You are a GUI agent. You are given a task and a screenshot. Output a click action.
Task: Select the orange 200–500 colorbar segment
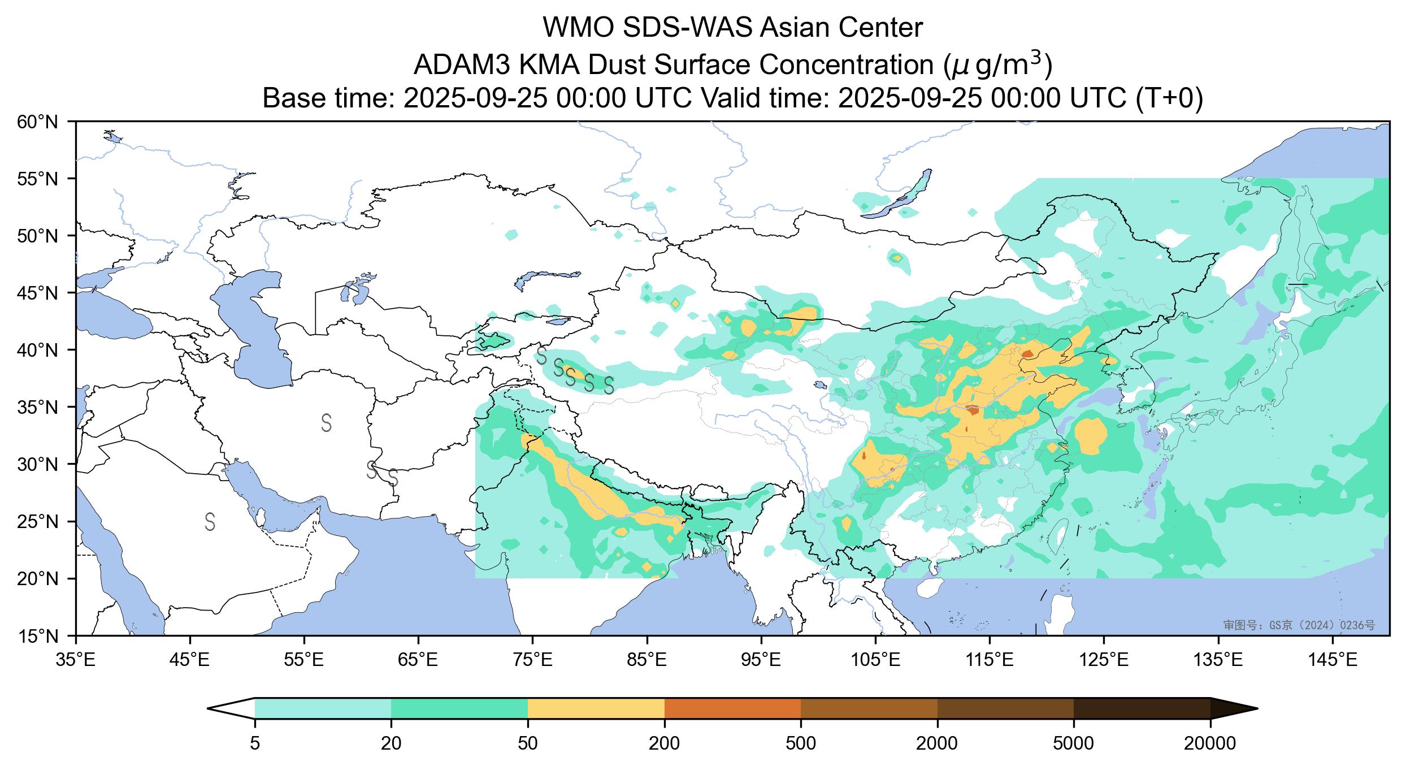732,708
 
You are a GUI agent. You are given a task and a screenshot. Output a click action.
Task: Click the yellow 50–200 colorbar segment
596,708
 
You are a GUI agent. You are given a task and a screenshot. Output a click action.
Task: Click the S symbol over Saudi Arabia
210,521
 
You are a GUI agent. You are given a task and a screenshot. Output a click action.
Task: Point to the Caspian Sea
254,328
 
